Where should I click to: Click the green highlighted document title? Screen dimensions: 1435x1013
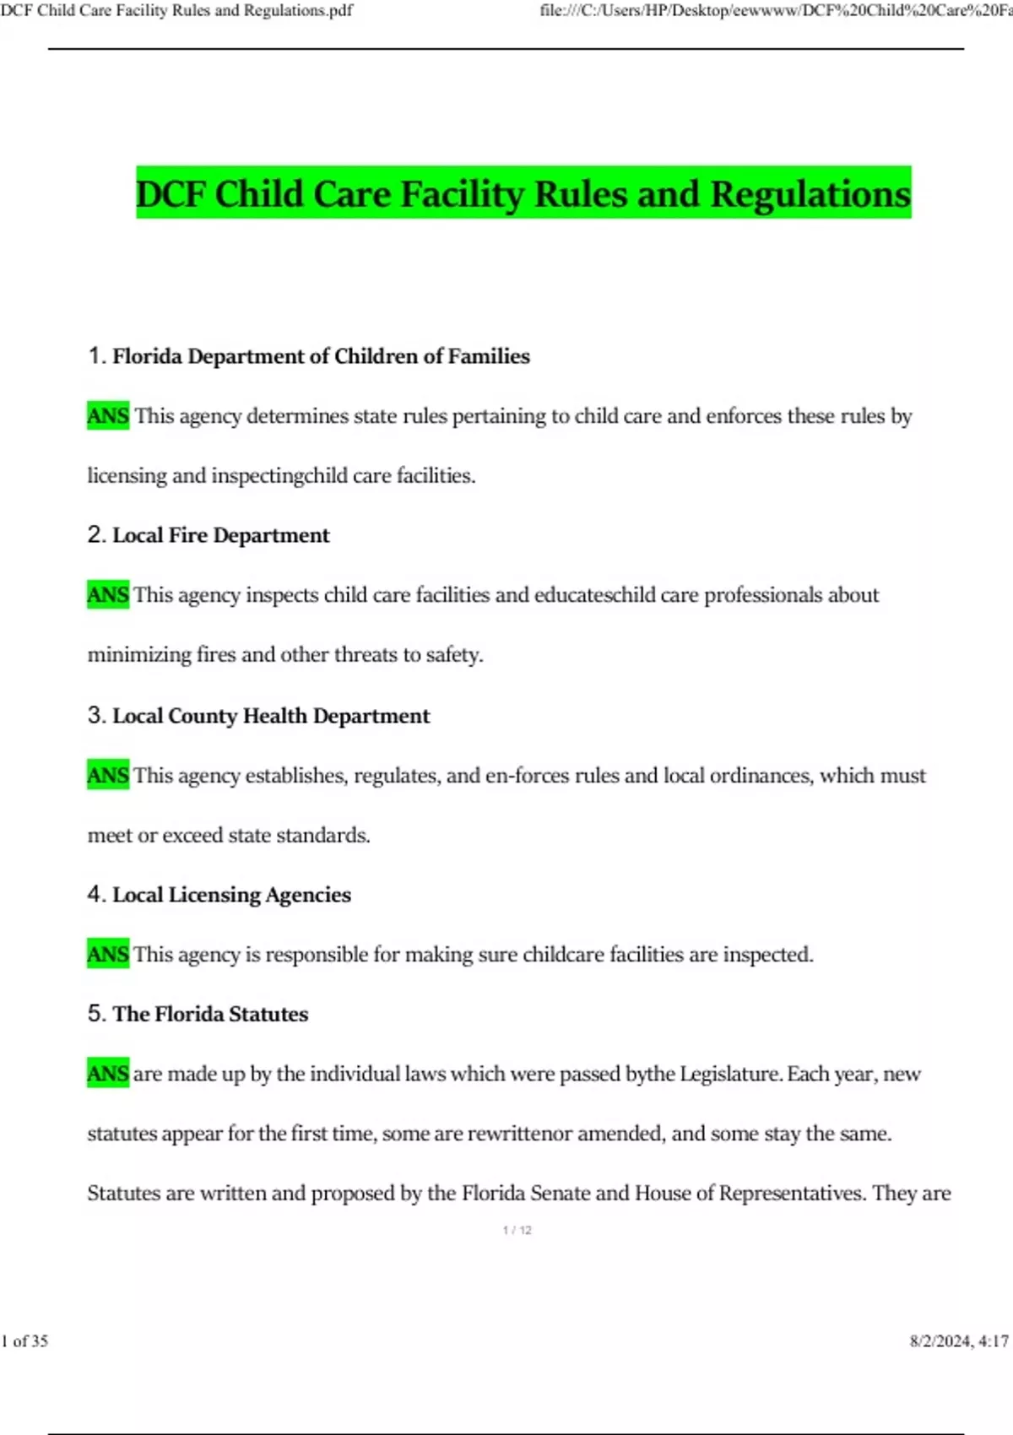(x=523, y=193)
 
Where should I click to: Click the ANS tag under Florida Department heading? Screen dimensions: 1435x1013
(x=108, y=416)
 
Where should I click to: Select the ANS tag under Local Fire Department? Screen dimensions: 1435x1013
(x=108, y=595)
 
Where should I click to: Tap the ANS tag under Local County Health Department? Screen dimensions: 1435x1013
(x=108, y=775)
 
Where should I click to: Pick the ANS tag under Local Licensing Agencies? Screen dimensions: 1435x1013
(x=108, y=955)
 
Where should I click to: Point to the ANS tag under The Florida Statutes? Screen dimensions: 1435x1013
(x=108, y=1074)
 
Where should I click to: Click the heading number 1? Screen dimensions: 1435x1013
(x=95, y=356)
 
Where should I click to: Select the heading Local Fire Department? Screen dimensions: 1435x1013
(x=220, y=535)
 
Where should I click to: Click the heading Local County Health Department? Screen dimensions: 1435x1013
(x=270, y=716)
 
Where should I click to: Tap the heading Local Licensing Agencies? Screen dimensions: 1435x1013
(x=231, y=895)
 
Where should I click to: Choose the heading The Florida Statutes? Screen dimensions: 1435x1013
(x=210, y=1014)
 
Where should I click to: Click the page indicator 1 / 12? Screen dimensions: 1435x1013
(x=517, y=1230)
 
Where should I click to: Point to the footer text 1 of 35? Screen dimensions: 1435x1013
(x=25, y=1340)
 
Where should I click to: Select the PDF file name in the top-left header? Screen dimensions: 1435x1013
(x=176, y=11)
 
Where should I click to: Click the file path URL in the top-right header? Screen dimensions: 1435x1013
(x=775, y=11)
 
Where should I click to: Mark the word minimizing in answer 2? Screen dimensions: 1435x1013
(x=139, y=654)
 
